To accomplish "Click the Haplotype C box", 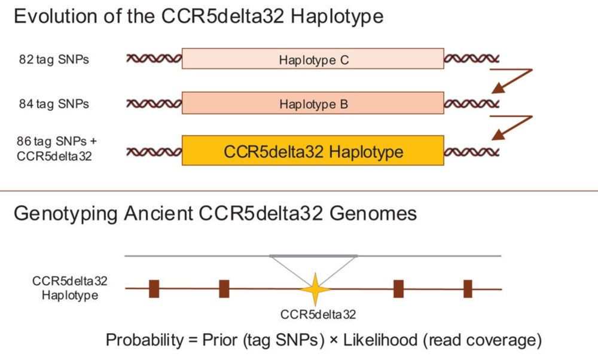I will click(x=313, y=59).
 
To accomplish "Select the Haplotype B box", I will click(x=313, y=103).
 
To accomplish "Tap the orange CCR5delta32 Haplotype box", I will click(x=313, y=151).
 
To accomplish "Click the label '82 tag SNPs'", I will click(x=54, y=59).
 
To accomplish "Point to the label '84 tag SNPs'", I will click(x=54, y=104).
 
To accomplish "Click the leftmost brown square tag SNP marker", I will click(x=154, y=288).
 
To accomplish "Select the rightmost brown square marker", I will click(x=468, y=288).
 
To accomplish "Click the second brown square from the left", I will click(x=224, y=288).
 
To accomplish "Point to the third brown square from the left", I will click(x=398, y=288).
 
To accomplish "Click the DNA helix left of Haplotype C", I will click(x=154, y=59).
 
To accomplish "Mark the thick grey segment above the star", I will click(x=313, y=256).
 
